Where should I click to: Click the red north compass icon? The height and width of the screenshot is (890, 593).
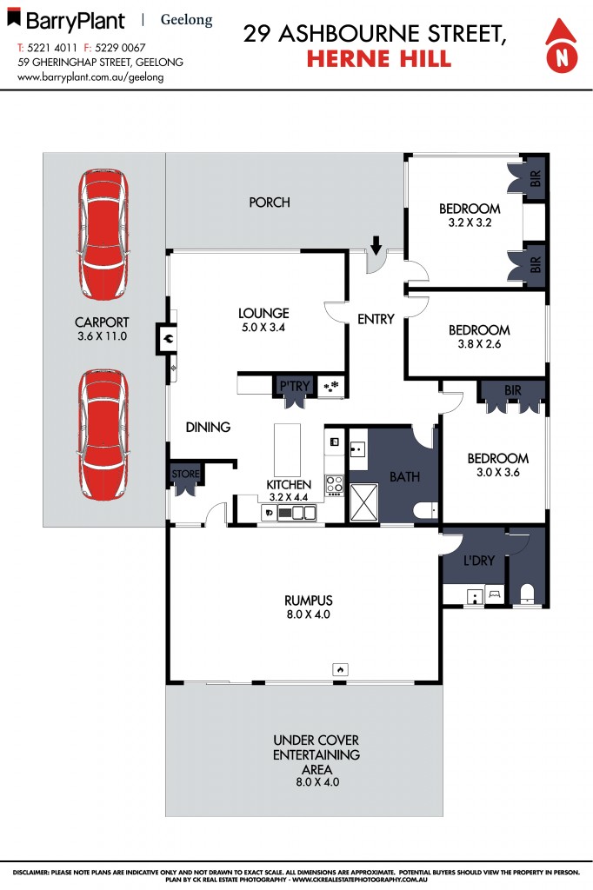point(562,44)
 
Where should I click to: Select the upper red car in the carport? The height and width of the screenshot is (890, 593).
point(103,235)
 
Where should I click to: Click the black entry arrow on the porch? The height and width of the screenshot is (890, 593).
point(376,246)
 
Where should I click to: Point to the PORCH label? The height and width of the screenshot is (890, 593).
point(270,203)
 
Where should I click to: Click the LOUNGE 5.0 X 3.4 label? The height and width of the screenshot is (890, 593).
point(263,321)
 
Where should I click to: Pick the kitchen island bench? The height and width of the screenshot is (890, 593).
point(287,448)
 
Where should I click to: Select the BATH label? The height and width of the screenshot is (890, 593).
point(404,477)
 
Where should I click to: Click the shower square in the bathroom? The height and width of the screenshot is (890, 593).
point(363,503)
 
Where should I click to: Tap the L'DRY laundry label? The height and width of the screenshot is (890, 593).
point(479,561)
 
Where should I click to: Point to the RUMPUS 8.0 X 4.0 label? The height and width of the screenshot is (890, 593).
point(309,607)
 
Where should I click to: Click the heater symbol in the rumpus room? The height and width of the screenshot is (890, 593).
point(341,668)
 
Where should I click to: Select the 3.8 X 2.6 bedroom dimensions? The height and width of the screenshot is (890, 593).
point(479,343)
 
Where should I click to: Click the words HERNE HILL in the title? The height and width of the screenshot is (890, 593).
point(379,59)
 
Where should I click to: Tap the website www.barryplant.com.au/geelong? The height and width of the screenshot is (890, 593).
point(90,76)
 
